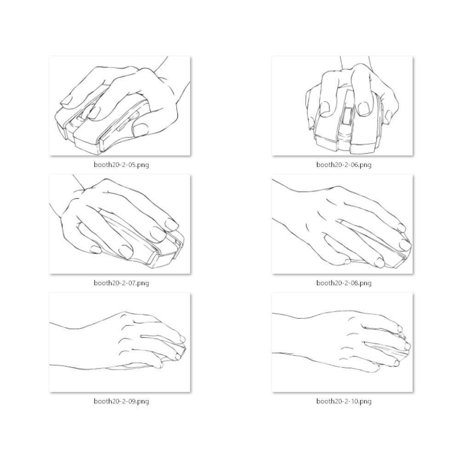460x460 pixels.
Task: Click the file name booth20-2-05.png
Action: [x=121, y=165]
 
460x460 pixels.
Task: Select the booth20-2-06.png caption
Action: [x=344, y=165]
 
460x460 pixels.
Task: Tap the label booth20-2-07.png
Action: [x=121, y=283]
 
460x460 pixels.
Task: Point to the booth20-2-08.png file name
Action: [x=344, y=283]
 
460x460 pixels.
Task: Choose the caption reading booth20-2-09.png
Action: [x=121, y=401]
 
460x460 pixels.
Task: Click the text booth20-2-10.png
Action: [x=344, y=401]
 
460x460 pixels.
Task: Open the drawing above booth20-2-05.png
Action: [x=120, y=106]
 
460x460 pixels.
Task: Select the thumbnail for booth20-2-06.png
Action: [x=342, y=106]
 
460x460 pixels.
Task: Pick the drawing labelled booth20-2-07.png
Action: [x=120, y=224]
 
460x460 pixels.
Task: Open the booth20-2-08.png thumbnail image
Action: [x=342, y=224]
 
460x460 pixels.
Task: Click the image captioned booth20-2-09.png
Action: [x=120, y=342]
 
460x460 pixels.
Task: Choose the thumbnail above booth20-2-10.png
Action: [x=342, y=342]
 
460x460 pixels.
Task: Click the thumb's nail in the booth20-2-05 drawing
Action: [x=140, y=129]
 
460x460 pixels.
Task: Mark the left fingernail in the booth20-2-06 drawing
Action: [x=324, y=107]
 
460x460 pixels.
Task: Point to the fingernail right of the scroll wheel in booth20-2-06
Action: [x=364, y=109]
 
